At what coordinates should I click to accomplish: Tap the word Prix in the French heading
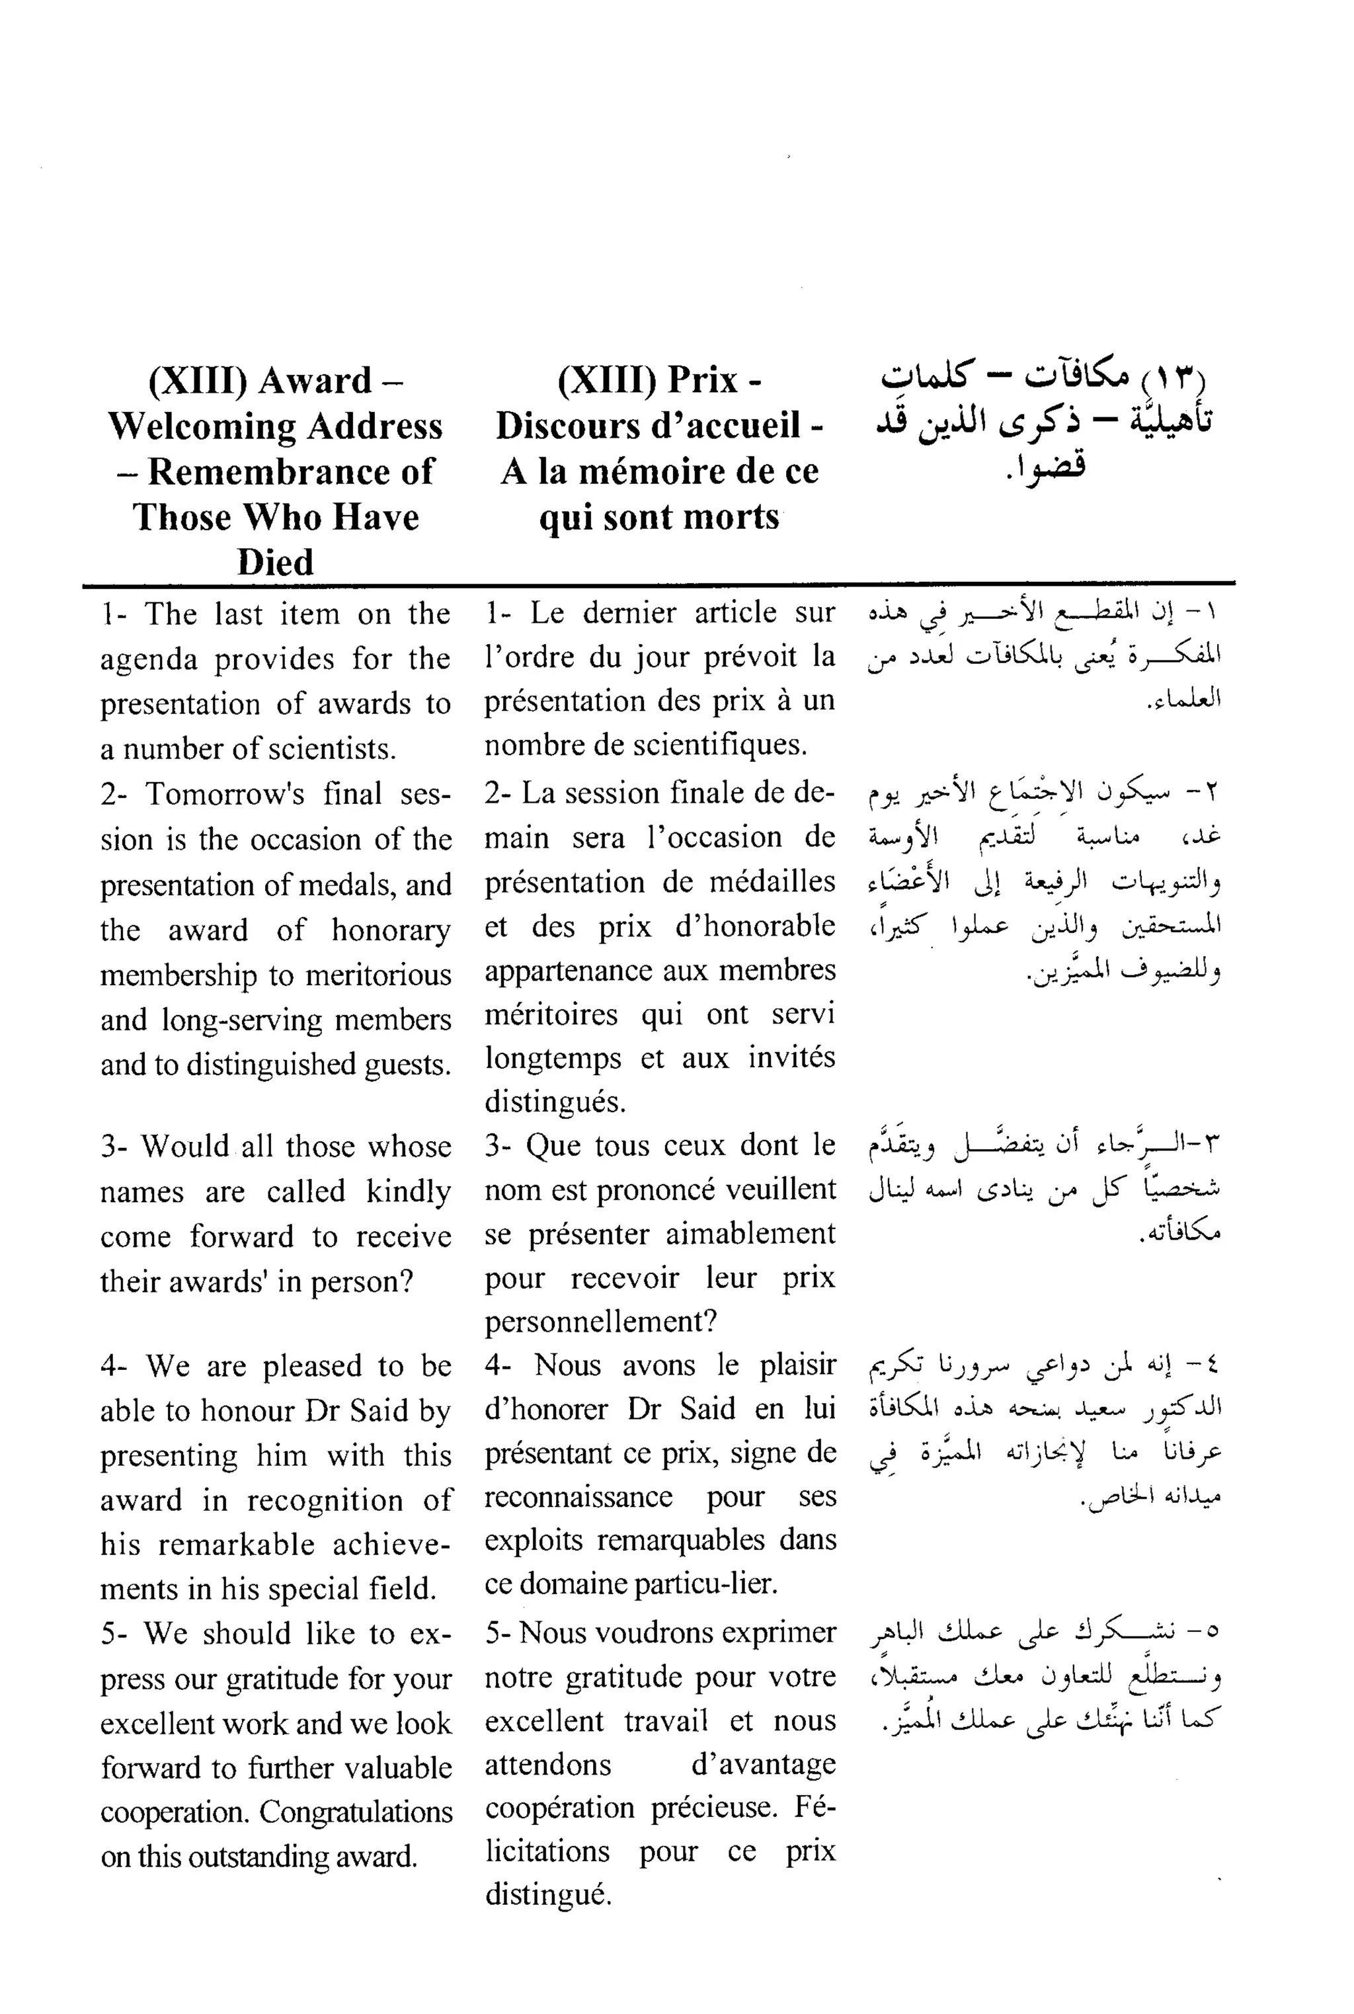(703, 380)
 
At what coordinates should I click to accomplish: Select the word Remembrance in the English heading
(291, 471)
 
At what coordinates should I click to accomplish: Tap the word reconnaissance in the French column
(578, 1497)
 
